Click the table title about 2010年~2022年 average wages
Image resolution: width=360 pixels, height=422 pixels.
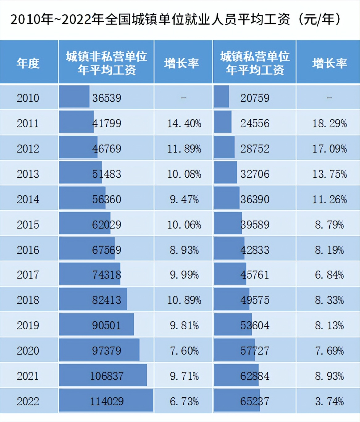click(176, 19)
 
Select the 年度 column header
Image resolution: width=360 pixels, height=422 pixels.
click(28, 63)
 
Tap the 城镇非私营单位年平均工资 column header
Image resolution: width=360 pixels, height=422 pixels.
click(107, 63)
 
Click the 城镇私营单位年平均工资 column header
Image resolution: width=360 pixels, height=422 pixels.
click(255, 63)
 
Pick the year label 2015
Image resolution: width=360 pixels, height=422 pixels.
click(28, 225)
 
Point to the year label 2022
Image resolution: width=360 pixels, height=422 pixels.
click(28, 401)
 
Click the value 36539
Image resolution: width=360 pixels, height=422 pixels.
click(107, 98)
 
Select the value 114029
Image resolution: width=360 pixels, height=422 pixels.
click(107, 401)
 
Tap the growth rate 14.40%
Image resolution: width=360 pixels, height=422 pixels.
click(184, 124)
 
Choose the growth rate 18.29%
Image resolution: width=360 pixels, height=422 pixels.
click(329, 124)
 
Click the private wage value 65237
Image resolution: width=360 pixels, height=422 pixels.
click(255, 401)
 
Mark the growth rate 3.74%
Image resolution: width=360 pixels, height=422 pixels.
click(329, 401)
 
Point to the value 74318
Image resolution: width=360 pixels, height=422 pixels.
click(107, 275)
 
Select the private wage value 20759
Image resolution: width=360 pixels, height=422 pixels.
click(255, 98)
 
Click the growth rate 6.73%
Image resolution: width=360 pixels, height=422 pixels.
click(184, 401)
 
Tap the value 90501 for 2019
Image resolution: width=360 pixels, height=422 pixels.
click(107, 325)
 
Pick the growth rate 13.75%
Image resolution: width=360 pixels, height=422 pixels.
click(329, 174)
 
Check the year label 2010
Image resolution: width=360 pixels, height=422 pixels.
click(28, 98)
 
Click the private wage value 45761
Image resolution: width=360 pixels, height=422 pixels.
click(255, 275)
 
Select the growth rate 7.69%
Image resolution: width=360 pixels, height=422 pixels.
click(329, 351)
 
